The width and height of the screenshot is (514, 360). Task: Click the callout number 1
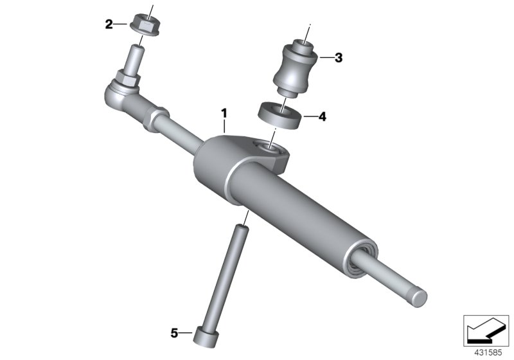(224, 113)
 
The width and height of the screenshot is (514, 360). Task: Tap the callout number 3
(338, 58)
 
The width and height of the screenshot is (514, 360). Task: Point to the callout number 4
(322, 117)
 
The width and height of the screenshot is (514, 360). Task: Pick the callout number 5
(173, 332)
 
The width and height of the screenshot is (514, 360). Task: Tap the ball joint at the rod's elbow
(117, 94)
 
